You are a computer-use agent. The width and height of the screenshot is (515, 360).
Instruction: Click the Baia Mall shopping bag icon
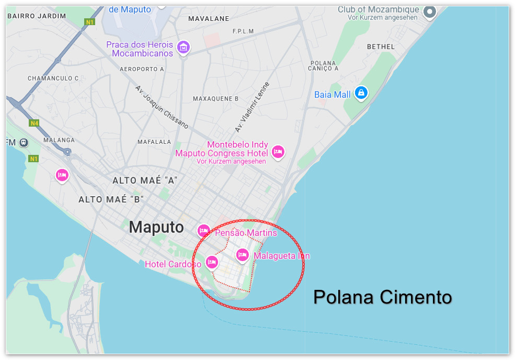coord(361,94)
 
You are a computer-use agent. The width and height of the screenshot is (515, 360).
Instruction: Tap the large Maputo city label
coord(156,227)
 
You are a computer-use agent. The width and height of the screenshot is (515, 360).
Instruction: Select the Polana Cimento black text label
coord(382,297)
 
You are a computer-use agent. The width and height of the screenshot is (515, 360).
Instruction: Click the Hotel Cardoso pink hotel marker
coord(211,262)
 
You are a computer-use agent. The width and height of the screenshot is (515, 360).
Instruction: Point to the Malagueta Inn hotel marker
coord(242,255)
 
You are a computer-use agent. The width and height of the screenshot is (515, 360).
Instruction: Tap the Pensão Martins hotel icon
coord(203,230)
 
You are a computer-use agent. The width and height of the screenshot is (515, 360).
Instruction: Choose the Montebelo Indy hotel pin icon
coord(278,152)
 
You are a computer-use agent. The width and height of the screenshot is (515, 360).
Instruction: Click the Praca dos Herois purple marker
coord(183,48)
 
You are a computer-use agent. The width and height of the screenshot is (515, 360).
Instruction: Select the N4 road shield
coord(34,123)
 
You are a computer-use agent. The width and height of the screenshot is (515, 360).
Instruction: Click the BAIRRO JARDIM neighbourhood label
coord(37,16)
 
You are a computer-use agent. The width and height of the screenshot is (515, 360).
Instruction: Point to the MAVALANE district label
coord(208,18)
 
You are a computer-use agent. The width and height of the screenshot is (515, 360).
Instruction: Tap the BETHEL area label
coord(381,47)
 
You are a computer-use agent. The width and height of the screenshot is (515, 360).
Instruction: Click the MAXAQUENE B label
coord(215,98)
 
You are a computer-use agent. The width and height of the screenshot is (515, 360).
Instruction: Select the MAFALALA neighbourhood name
coord(154,142)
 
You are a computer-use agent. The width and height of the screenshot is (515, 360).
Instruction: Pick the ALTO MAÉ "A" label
coord(145,181)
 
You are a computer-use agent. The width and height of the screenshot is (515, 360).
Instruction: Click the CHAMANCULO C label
coord(53,78)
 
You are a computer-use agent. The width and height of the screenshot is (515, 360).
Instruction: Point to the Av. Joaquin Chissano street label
coord(162,107)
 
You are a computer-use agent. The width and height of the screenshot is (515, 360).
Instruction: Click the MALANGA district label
coord(59,140)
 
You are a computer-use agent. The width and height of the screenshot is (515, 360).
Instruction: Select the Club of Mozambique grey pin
coord(430,11)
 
